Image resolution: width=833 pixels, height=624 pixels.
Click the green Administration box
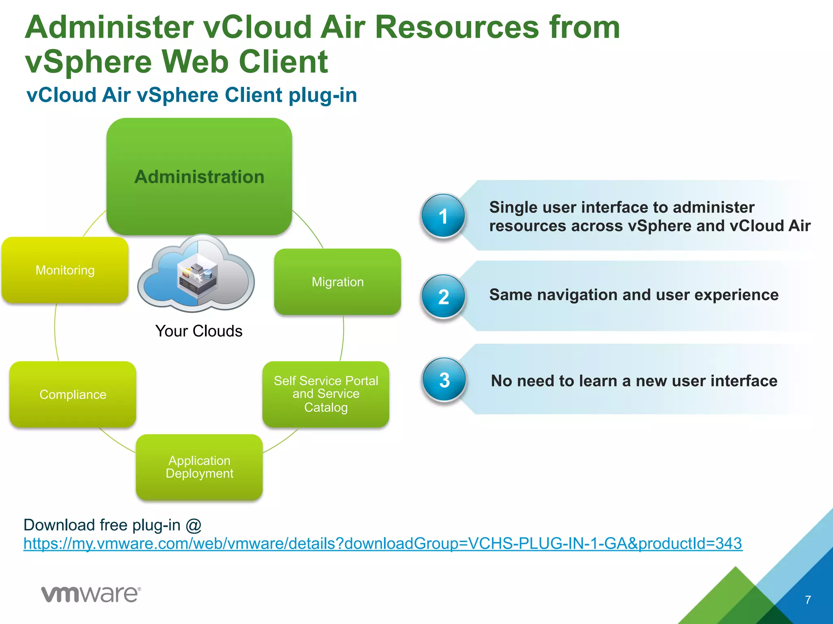(199, 177)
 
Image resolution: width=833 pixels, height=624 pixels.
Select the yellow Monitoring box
(65, 270)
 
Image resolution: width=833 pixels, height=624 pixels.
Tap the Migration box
(338, 282)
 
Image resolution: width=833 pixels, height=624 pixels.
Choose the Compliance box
(73, 394)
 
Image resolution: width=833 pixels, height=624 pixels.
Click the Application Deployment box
(199, 467)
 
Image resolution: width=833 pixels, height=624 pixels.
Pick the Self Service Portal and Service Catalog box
(326, 394)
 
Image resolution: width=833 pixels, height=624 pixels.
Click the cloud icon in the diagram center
(197, 274)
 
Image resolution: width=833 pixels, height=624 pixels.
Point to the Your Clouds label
(198, 331)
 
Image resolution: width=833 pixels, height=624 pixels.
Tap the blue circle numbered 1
(443, 216)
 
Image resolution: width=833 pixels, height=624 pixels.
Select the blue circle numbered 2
(443, 297)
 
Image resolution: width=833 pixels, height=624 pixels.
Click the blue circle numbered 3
(444, 380)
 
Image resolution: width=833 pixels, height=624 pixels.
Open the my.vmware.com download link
(382, 544)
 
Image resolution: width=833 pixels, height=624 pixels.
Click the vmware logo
(91, 594)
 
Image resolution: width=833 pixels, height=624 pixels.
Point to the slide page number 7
(808, 600)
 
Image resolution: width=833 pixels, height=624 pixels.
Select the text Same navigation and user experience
(634, 295)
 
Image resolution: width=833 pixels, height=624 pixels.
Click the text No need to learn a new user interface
(634, 381)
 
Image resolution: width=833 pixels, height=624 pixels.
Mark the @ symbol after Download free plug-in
(194, 525)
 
